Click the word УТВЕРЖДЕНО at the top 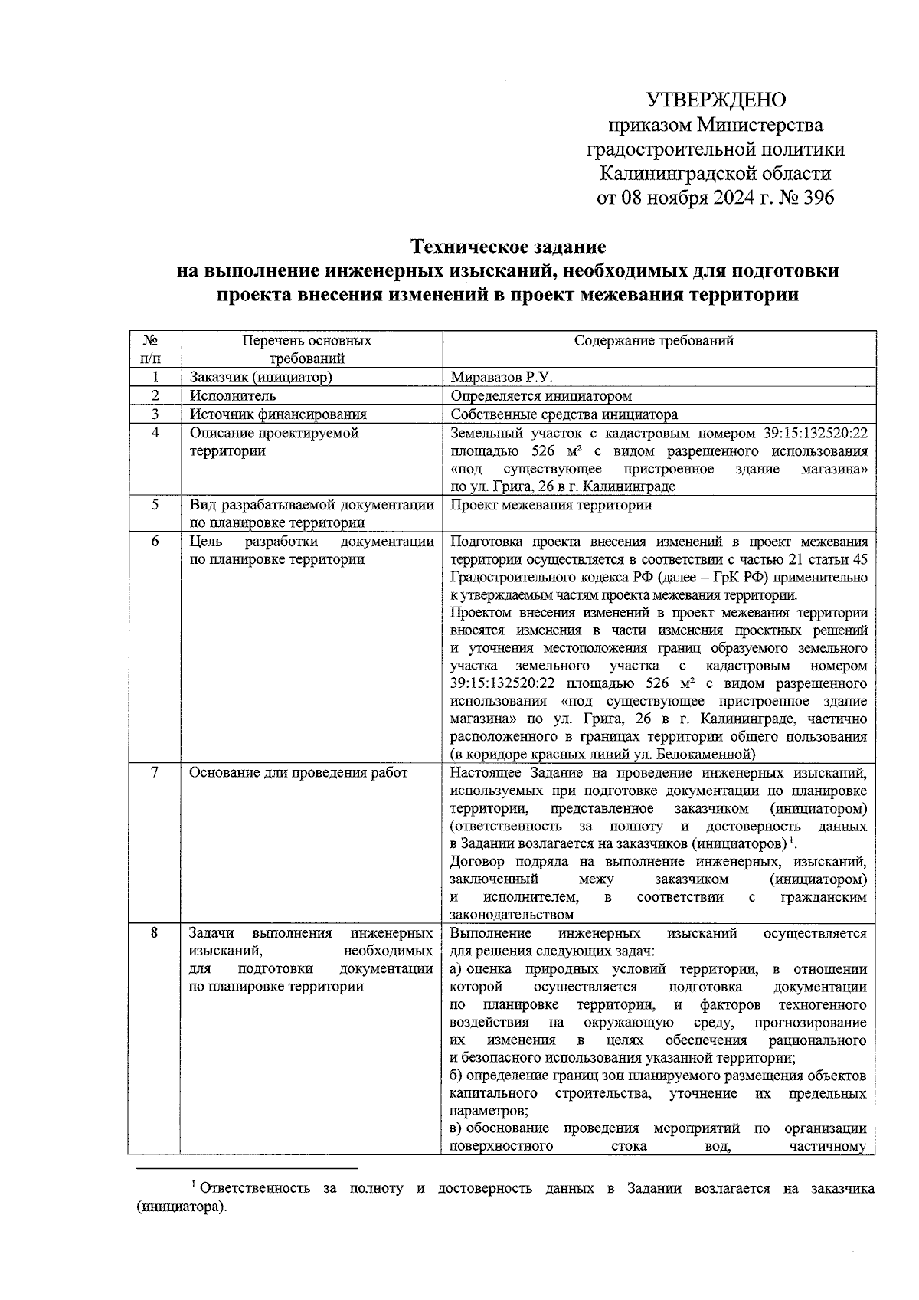(716, 100)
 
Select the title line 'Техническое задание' (509, 247)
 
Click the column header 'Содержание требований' (654, 341)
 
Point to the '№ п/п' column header (154, 349)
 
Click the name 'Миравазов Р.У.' (502, 378)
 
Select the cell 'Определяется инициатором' (541, 396)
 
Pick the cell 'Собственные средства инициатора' (564, 414)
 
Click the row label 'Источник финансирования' (278, 414)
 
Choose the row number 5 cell (155, 505)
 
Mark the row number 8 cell (155, 933)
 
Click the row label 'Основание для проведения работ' (299, 773)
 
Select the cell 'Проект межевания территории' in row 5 (551, 506)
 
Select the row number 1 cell (155, 378)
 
